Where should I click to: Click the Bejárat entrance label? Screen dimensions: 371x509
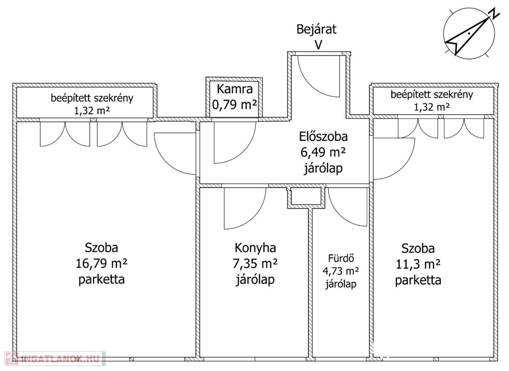316,29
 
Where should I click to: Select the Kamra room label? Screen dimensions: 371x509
235,90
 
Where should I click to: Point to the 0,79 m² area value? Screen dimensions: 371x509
235,105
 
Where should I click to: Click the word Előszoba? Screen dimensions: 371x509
323,137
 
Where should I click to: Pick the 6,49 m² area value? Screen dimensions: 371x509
323,152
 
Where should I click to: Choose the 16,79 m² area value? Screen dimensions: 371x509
101,263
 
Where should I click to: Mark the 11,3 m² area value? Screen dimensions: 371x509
418,264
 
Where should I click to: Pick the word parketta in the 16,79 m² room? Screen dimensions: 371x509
101,279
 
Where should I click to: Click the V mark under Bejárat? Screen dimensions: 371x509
317,44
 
